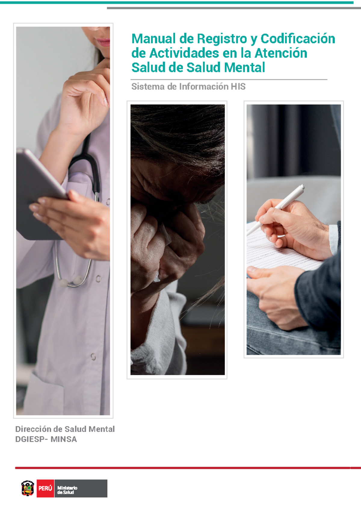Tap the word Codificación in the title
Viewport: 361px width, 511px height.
298,39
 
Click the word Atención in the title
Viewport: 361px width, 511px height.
281,53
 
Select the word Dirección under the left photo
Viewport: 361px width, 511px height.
33,429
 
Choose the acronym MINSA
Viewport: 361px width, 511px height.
63,439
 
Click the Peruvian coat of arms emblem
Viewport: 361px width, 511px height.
28,488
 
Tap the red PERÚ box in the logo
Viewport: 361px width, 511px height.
45,488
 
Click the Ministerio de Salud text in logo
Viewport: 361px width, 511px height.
67,490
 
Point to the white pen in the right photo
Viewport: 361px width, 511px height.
276,210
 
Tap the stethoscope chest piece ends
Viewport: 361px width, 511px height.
71,281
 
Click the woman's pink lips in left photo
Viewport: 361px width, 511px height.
103,42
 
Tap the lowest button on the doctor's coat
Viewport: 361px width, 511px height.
93,356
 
